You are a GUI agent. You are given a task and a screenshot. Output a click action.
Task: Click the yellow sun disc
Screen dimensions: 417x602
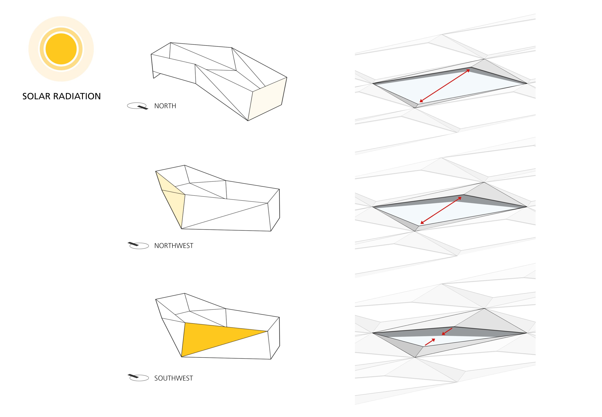[x=61, y=49]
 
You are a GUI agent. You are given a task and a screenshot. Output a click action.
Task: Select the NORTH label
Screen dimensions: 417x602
[x=165, y=106]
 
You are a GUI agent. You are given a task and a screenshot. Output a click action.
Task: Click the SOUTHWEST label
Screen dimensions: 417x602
[x=173, y=378]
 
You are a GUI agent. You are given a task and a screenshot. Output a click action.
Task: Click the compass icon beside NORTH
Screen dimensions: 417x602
[x=137, y=106]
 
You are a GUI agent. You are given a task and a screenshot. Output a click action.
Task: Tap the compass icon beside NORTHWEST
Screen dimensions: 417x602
[x=138, y=245]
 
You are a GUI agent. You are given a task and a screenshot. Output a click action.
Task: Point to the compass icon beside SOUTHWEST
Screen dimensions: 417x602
[x=138, y=377]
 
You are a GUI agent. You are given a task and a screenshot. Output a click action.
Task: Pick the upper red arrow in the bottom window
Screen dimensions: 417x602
[x=447, y=331]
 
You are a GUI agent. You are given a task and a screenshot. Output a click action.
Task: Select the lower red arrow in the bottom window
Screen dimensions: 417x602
[x=430, y=342]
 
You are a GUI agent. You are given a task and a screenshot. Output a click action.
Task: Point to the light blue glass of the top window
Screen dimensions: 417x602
[x=418, y=89]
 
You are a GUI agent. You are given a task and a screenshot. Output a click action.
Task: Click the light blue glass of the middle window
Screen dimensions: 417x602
[x=407, y=213]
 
